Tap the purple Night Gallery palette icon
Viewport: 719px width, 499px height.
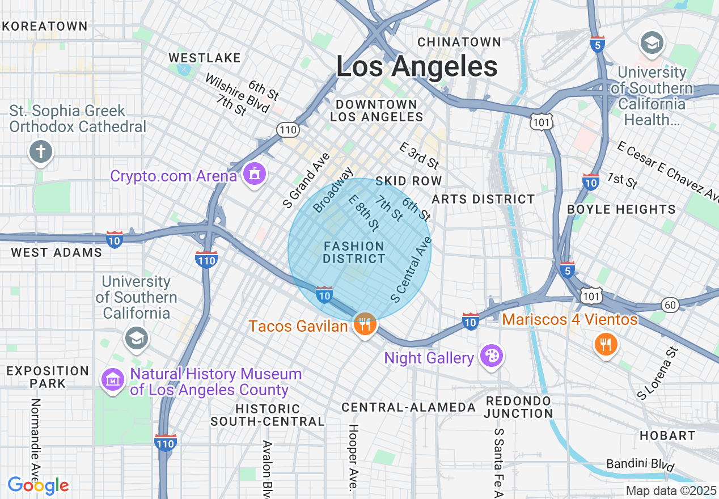pyautogui.click(x=491, y=356)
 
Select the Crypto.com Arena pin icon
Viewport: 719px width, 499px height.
pyautogui.click(x=254, y=174)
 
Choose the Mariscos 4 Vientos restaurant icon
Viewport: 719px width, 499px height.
pyautogui.click(x=606, y=344)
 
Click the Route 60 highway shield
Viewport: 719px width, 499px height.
pyautogui.click(x=670, y=305)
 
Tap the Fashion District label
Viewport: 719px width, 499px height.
pyautogui.click(x=354, y=252)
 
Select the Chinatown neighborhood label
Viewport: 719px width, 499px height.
pyautogui.click(x=459, y=42)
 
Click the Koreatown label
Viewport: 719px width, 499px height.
pyautogui.click(x=45, y=26)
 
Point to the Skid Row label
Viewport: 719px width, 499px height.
pyautogui.click(x=408, y=181)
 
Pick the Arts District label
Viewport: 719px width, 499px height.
pyautogui.click(x=483, y=199)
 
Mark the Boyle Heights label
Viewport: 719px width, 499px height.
pyautogui.click(x=621, y=209)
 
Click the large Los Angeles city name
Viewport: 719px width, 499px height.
pyautogui.click(x=417, y=67)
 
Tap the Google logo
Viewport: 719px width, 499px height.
pyautogui.click(x=38, y=485)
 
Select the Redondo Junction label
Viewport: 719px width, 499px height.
pyautogui.click(x=518, y=407)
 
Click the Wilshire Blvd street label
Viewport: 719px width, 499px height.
pyautogui.click(x=238, y=94)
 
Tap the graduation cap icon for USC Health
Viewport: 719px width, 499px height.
pyautogui.click(x=652, y=43)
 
